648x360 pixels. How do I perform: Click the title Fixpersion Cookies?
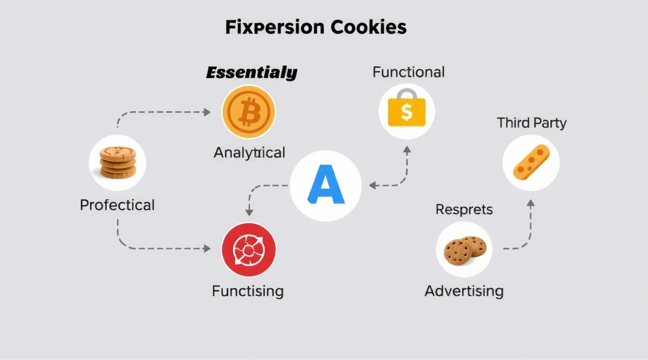316,28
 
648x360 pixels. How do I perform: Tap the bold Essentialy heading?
251,73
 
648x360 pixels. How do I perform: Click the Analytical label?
249,152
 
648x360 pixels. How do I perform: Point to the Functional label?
408,72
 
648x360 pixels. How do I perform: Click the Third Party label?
532,123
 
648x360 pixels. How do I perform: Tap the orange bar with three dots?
530,163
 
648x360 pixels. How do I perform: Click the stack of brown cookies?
118,163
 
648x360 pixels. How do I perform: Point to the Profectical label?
117,205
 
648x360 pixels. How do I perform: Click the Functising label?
247,291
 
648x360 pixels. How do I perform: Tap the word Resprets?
464,210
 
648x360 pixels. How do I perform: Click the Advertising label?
464,291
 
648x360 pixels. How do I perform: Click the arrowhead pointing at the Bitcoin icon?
207,112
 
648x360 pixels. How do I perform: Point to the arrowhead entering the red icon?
208,247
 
